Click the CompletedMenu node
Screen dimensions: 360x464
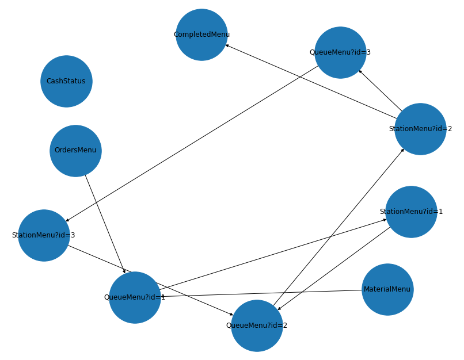pos(201,35)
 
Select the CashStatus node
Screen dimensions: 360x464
pos(66,81)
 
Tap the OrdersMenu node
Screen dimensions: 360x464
pos(75,151)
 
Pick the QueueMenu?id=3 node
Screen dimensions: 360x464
pos(340,52)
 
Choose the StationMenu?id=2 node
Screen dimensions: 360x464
pos(420,129)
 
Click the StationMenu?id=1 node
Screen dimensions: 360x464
pos(411,212)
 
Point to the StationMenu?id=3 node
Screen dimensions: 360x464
pos(44,235)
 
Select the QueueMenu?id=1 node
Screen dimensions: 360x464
pos(135,297)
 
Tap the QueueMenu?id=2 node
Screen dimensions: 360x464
pos(257,325)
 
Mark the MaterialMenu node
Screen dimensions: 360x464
pos(387,289)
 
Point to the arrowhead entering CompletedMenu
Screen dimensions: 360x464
pos(227,45)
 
